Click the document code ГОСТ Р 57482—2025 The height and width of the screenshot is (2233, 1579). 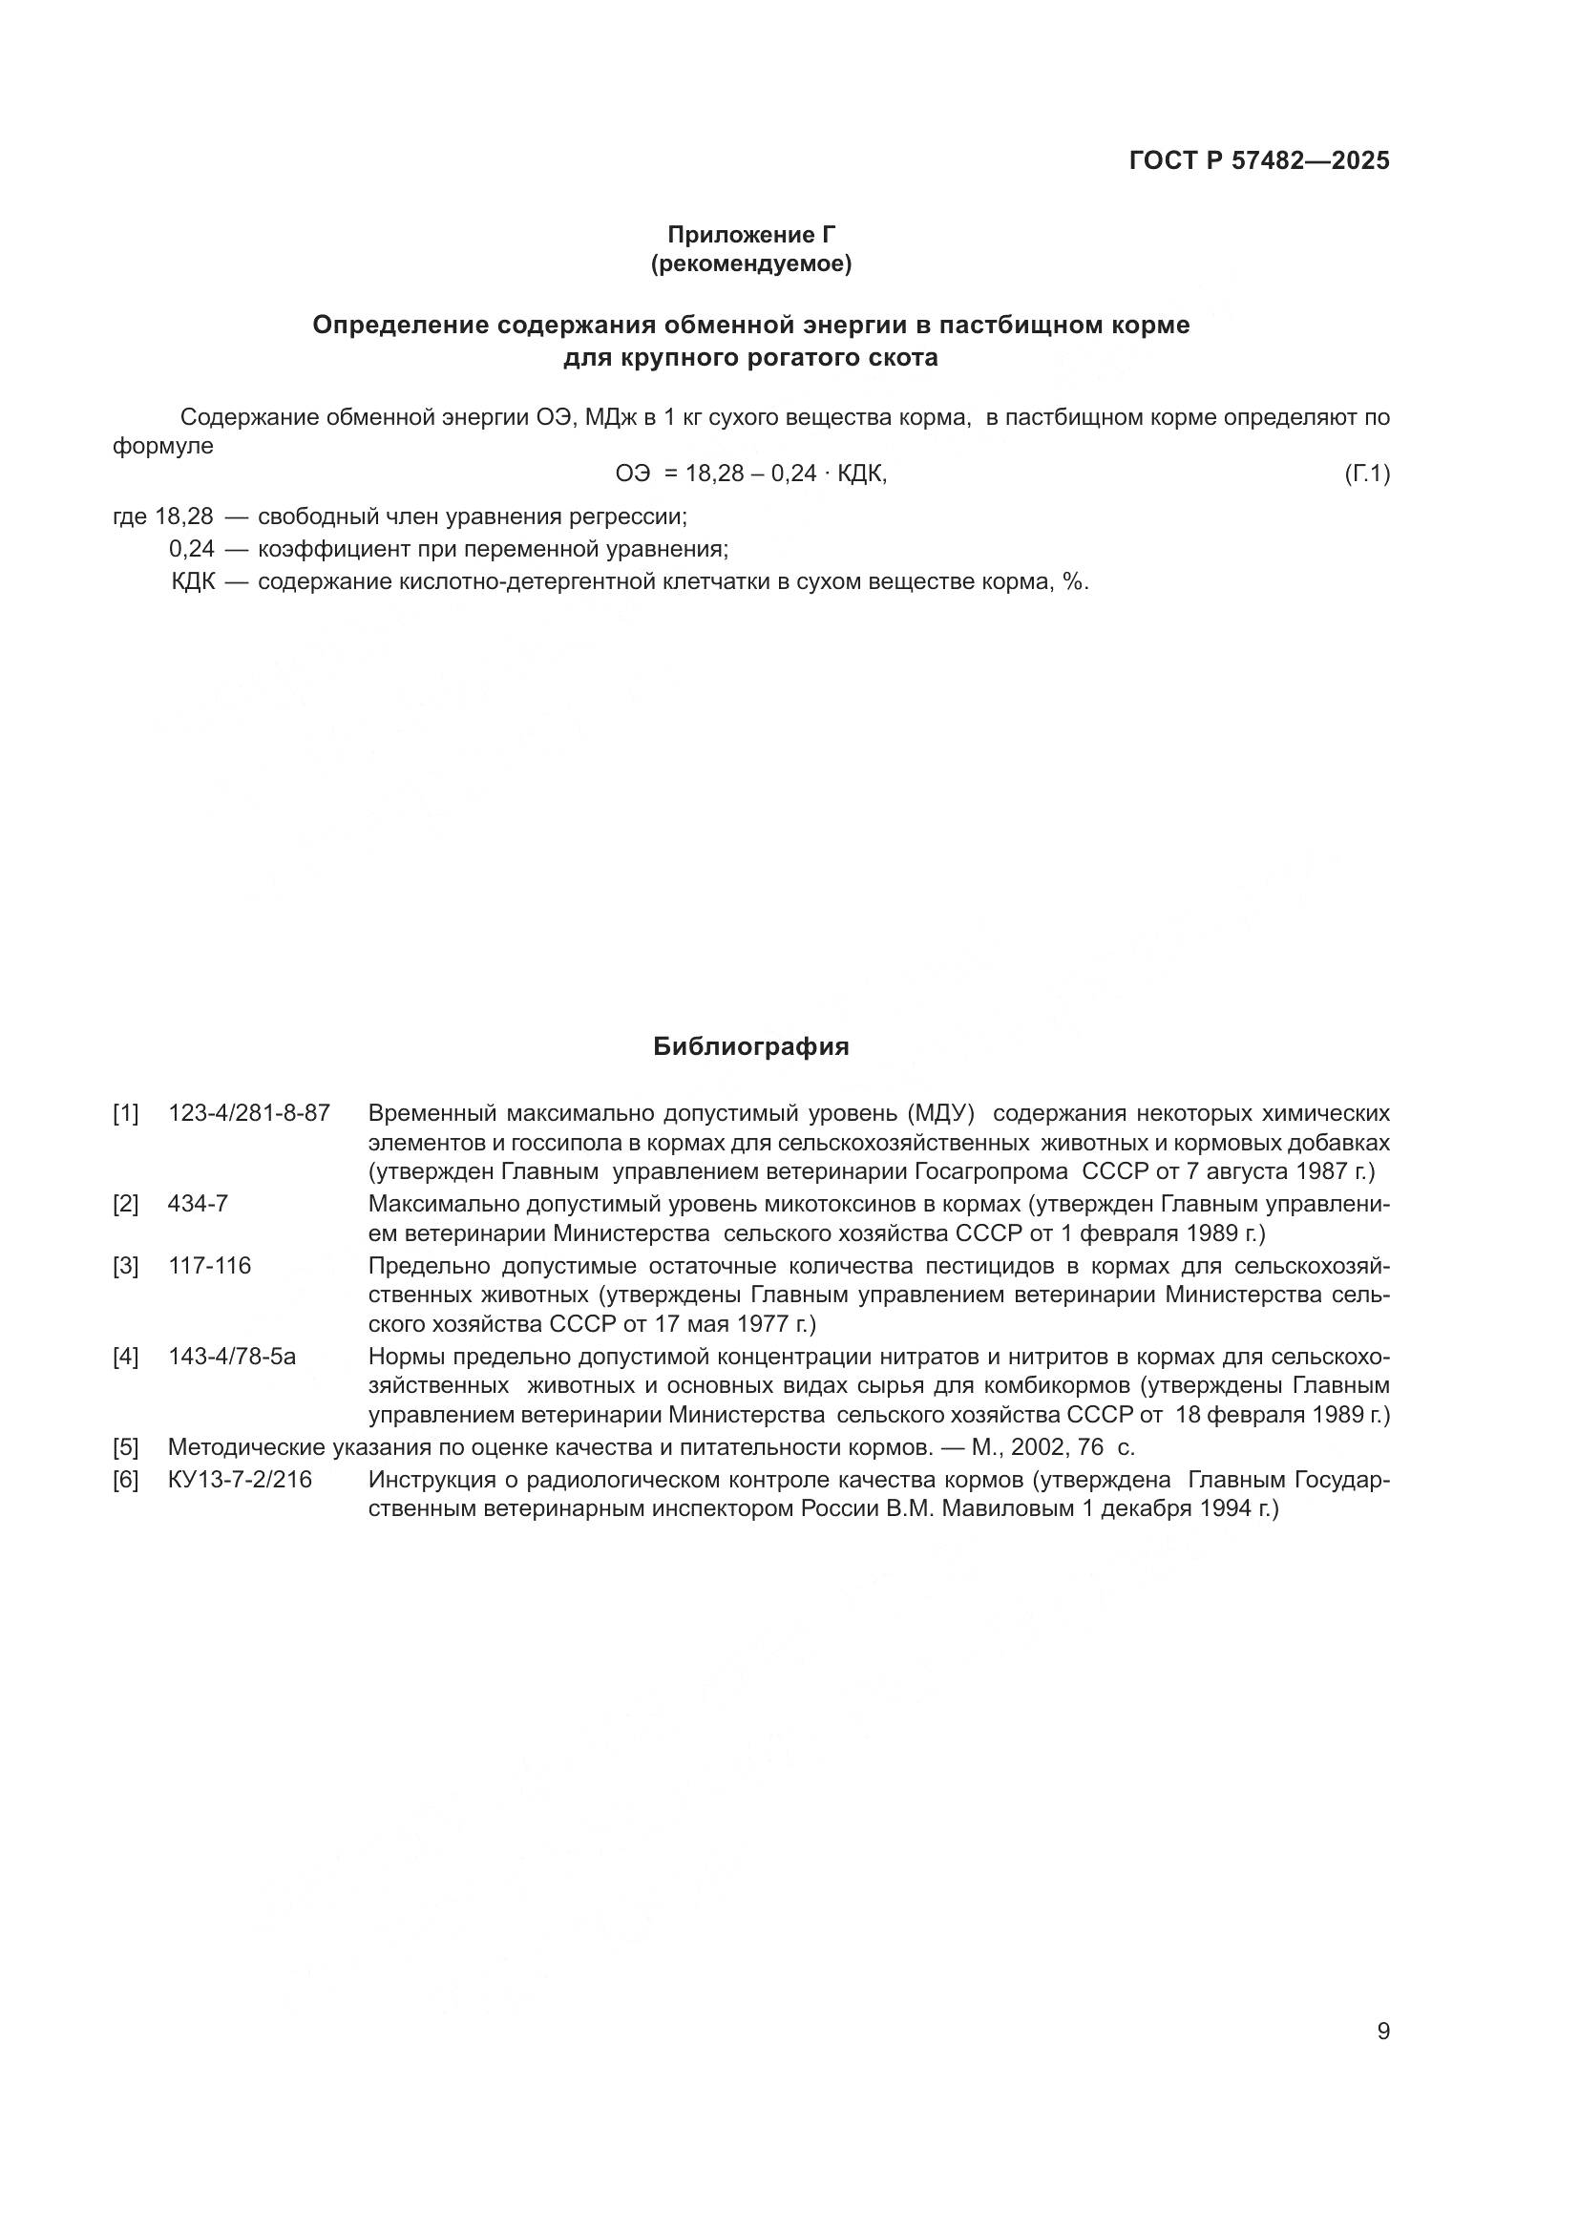coord(1259,161)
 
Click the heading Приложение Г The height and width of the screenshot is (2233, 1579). coord(750,235)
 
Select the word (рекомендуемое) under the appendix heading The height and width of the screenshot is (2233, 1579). coord(750,263)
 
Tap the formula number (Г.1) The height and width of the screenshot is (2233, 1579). coord(1367,474)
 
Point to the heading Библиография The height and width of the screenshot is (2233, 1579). coord(750,1046)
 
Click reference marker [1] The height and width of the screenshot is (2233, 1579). coord(125,1112)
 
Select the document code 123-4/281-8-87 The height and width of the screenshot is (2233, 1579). coord(249,1112)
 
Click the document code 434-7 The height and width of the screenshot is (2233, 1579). coord(198,1204)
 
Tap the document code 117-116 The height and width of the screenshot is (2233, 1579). coord(209,1265)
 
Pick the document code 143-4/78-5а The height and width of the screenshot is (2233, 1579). coord(231,1356)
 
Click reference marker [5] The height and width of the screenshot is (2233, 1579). coord(125,1447)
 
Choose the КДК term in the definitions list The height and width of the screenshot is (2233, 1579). coord(193,582)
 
